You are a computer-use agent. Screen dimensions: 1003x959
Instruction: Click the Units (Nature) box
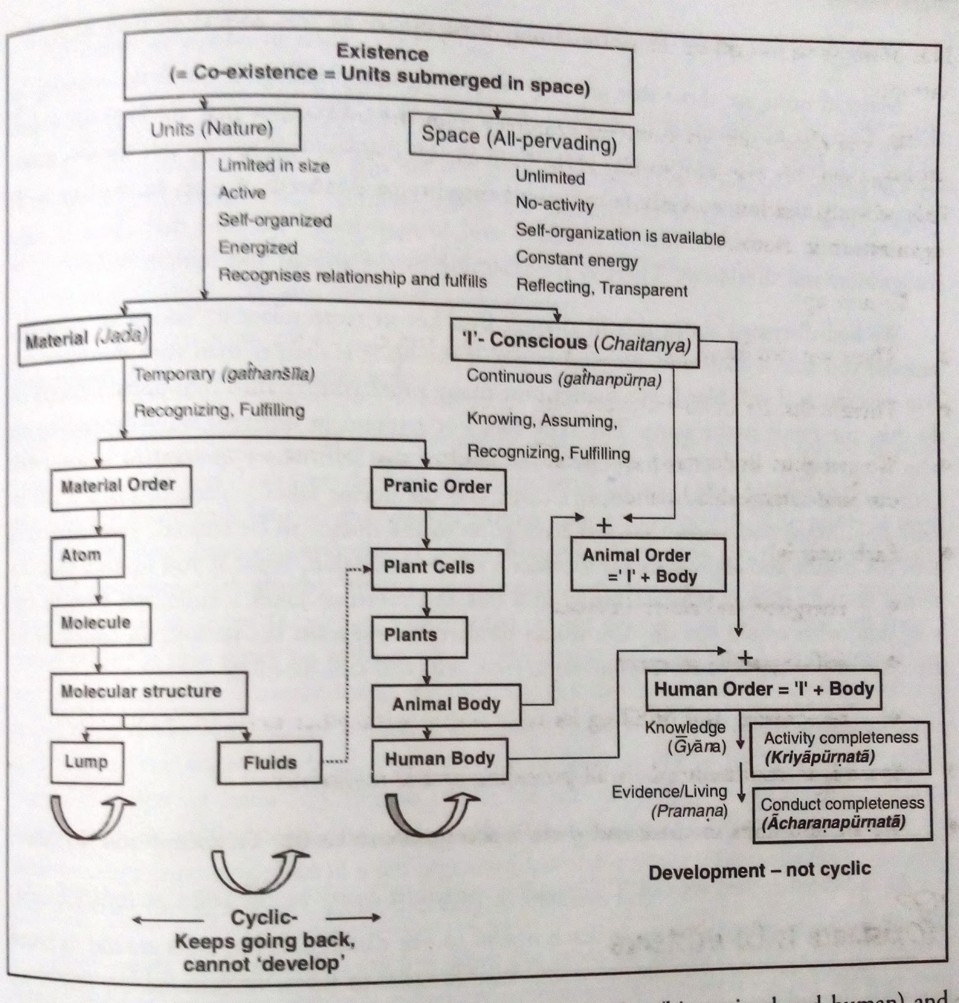pyautogui.click(x=212, y=130)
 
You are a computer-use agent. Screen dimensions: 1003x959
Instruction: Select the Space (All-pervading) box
pyautogui.click(x=520, y=140)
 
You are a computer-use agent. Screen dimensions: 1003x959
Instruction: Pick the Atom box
pyautogui.click(x=87, y=555)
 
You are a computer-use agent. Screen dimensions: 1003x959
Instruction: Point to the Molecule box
pyautogui.click(x=100, y=623)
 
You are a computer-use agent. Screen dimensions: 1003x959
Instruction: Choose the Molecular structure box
pyautogui.click(x=148, y=692)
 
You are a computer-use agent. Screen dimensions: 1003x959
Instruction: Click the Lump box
pyautogui.click(x=86, y=762)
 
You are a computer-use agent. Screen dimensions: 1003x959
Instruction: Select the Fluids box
pyautogui.click(x=270, y=762)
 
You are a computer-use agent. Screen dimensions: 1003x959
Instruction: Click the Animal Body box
pyautogui.click(x=446, y=705)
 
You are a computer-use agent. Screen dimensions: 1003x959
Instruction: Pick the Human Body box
pyautogui.click(x=439, y=760)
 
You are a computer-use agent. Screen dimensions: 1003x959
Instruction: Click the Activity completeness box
pyautogui.click(x=840, y=747)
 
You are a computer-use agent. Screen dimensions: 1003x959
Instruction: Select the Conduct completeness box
pyautogui.click(x=842, y=813)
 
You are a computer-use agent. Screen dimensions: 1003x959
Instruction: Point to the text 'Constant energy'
pyautogui.click(x=577, y=259)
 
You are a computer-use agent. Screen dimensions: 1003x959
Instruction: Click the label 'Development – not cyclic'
pyautogui.click(x=760, y=871)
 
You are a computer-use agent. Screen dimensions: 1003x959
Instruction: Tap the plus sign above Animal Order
pyautogui.click(x=604, y=525)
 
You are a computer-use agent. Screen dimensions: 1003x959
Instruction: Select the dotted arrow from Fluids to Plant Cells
pyautogui.click(x=346, y=664)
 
